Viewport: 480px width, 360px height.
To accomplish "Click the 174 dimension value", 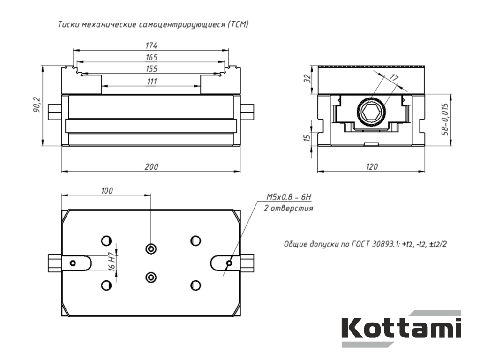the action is [151, 45].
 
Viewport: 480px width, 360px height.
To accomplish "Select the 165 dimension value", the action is [151, 57].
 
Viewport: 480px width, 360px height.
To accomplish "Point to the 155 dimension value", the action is [151, 68].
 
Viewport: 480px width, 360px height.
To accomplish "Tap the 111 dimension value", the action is [152, 82].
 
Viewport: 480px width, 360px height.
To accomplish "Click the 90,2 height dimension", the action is [37, 105].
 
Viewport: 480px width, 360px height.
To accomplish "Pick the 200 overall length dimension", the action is [151, 167].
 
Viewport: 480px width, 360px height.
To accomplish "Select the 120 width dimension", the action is [372, 167].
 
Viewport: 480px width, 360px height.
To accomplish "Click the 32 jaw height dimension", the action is [307, 79].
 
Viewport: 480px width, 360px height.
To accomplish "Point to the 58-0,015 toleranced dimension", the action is [445, 119].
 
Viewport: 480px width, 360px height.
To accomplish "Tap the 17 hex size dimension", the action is [394, 78].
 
